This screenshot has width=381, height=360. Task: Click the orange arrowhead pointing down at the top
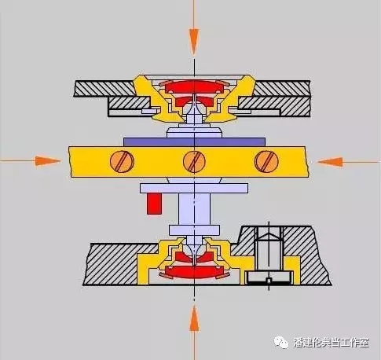coord(194,42)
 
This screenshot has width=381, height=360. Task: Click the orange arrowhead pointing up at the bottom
coord(194,319)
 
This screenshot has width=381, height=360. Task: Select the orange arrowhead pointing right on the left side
coord(48,161)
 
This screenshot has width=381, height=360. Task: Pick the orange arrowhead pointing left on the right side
coord(331,162)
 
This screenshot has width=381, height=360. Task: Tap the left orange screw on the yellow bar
coord(123,162)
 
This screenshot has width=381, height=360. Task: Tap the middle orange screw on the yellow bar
coord(194,162)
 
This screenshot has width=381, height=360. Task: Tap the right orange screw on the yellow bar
coord(266,162)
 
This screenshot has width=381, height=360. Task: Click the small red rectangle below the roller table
coord(154,204)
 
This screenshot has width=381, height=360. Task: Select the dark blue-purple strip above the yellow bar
coord(194,141)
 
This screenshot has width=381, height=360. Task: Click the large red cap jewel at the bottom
coord(194,272)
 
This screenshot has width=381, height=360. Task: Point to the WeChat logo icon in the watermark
coord(281,342)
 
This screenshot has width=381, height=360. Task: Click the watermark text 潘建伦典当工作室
coord(332,342)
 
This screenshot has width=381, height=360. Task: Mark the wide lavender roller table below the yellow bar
coord(194,188)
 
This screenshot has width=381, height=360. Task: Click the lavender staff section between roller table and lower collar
coord(194,209)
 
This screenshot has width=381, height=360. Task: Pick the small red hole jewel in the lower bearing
coord(194,256)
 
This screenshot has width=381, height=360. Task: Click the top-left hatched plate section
coord(104,88)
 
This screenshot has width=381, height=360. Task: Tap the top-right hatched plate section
coord(282,88)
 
